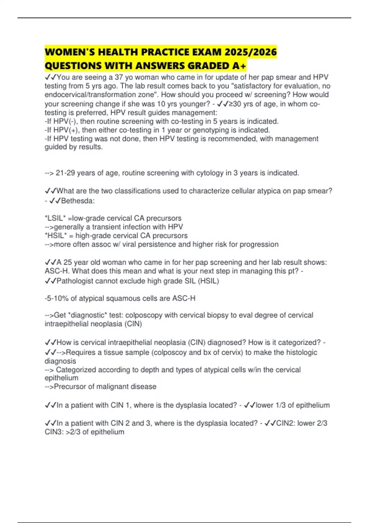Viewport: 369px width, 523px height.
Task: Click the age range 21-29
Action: pyautogui.click(x=65, y=173)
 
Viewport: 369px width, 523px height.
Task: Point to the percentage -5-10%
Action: pyautogui.click(x=56, y=298)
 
